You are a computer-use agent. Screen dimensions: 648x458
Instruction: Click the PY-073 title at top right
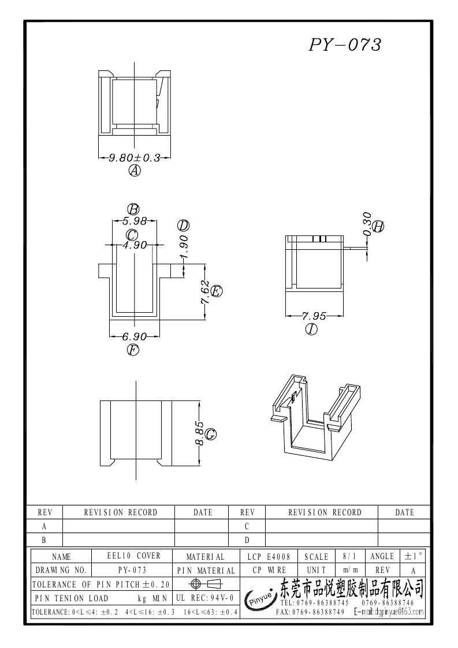tap(345, 46)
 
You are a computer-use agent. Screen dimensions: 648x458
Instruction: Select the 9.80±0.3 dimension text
tap(135, 157)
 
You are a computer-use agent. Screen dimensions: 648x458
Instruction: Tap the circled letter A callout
tap(135, 171)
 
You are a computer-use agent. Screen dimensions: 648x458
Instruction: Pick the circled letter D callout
tap(184, 226)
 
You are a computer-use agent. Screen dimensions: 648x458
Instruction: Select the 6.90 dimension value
tap(134, 336)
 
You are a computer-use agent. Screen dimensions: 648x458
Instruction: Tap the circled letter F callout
tap(133, 350)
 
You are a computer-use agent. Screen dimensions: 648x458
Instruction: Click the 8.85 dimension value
tap(199, 433)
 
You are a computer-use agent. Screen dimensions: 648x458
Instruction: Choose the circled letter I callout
tap(312, 329)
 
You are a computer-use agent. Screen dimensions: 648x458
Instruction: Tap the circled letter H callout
tap(378, 227)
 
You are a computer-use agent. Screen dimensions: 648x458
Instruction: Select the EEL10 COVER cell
tap(134, 556)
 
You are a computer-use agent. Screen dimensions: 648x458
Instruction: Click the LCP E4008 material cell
tap(269, 557)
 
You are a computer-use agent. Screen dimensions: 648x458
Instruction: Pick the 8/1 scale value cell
tap(349, 557)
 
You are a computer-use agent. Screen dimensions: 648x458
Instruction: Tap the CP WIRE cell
tap(269, 570)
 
